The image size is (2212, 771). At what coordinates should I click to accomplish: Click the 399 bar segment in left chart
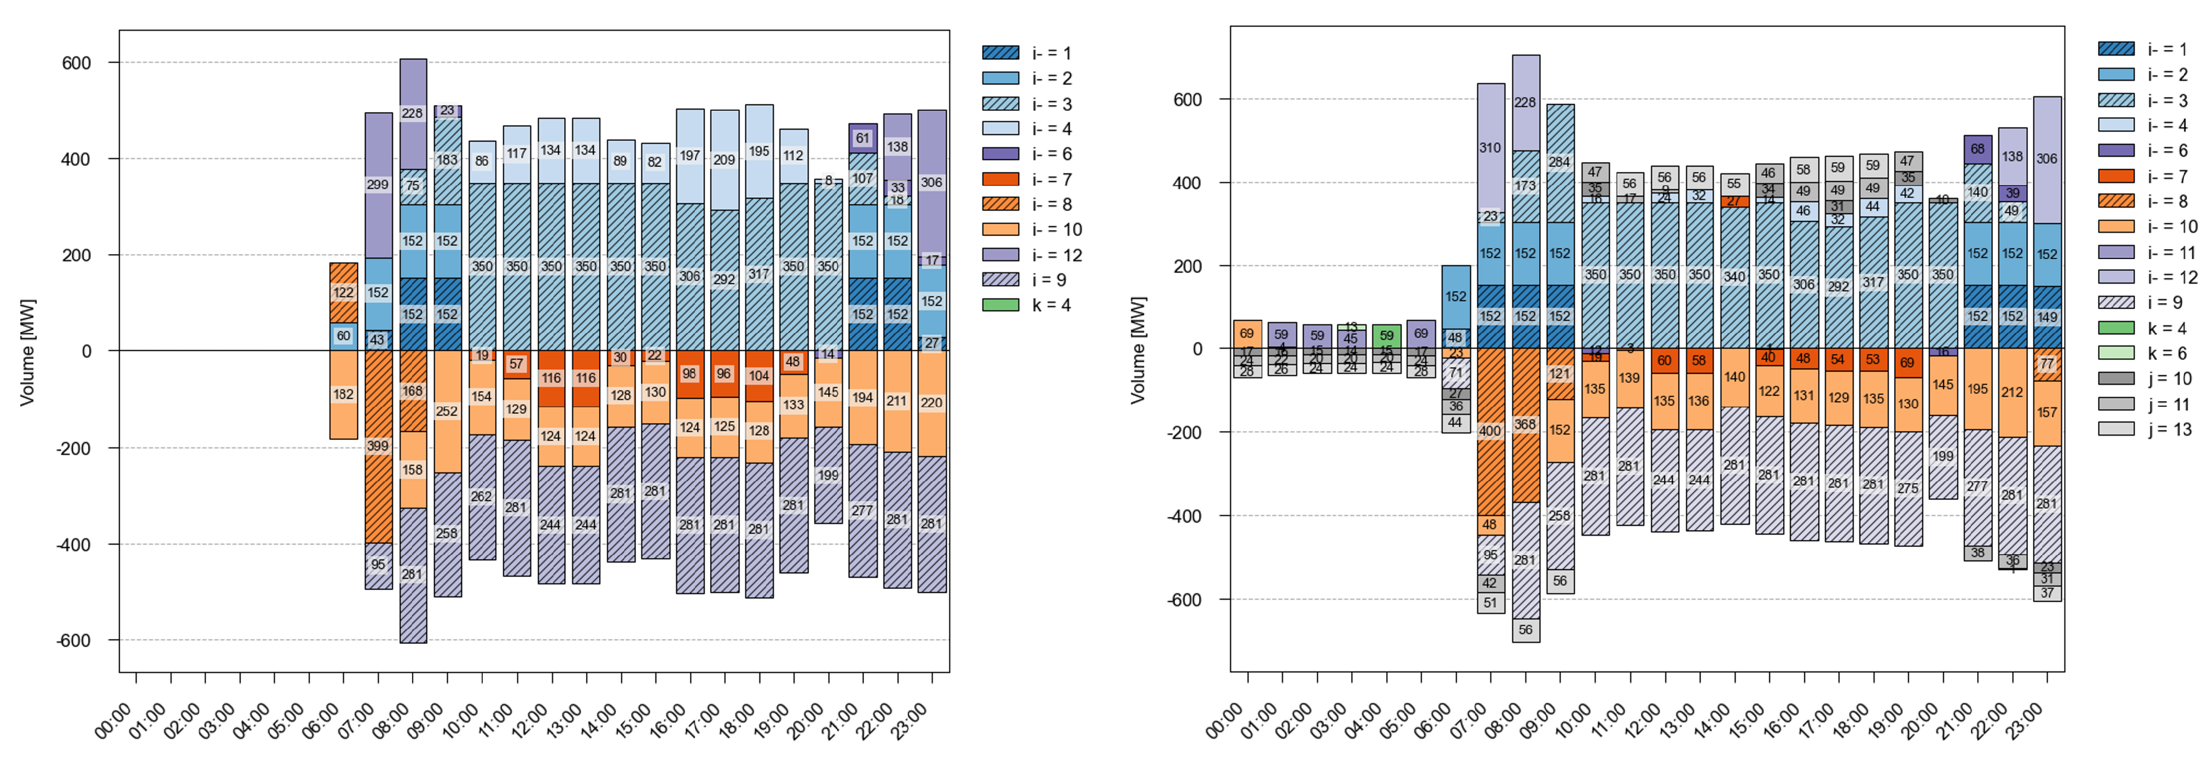pos(378,446)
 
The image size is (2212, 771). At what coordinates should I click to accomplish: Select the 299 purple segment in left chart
pos(378,185)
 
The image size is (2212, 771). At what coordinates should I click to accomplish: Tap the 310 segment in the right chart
pos(1490,148)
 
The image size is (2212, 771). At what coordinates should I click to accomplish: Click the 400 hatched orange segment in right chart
pos(1490,431)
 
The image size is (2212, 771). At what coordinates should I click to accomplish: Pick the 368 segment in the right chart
pos(1525,424)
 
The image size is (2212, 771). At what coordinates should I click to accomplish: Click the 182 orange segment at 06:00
pos(344,395)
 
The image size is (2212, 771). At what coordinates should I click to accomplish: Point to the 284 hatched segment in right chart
pos(1560,162)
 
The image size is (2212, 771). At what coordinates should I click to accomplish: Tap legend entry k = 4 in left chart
pos(1001,305)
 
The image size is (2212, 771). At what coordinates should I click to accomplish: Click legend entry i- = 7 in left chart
pos(1001,178)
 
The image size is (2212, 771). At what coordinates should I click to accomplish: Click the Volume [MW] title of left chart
pos(27,352)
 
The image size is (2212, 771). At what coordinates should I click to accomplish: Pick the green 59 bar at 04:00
pos(1386,335)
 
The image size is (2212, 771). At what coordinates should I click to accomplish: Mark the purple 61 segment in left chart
pos(862,138)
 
